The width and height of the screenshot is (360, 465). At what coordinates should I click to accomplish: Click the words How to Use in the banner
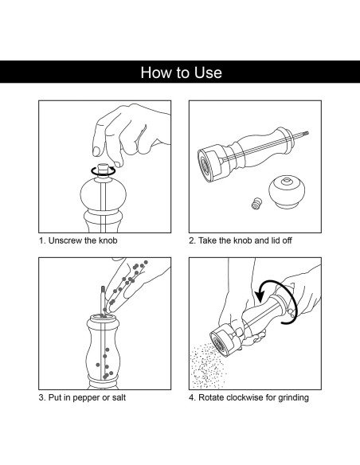point(181,72)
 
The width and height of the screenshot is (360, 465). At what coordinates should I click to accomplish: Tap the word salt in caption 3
point(119,397)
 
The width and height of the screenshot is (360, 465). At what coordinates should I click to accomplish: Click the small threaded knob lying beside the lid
point(256,204)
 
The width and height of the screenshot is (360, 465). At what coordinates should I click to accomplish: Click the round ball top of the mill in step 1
point(104,194)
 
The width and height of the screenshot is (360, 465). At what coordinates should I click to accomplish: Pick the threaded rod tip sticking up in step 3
point(103,290)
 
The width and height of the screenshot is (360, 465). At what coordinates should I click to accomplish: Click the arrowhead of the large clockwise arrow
point(260,295)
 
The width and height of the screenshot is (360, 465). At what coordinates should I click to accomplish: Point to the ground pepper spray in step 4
point(207,366)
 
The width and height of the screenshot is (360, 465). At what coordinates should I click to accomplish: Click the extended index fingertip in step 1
point(96,150)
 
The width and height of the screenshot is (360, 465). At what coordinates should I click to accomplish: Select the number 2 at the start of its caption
point(191,240)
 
